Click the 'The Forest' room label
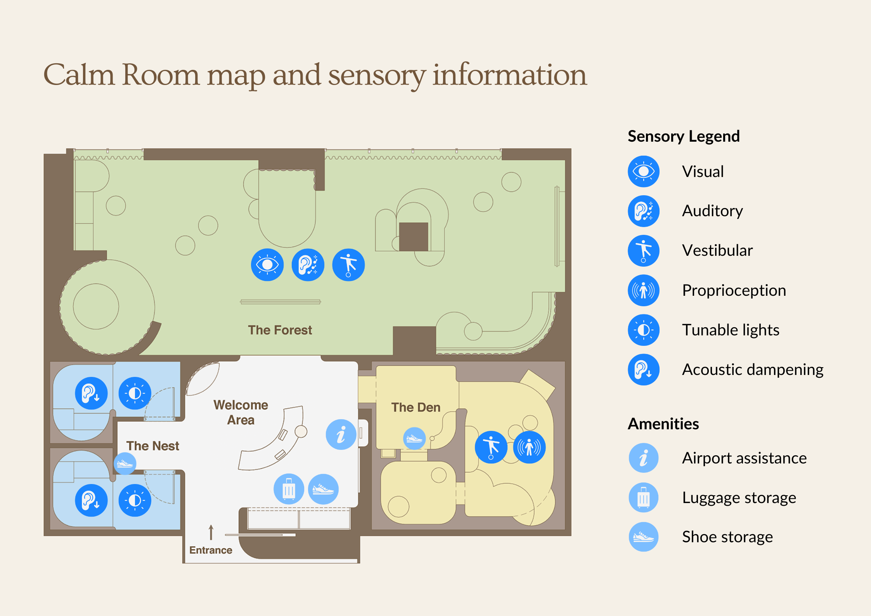tap(280, 330)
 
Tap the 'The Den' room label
tap(416, 407)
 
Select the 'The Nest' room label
tap(152, 446)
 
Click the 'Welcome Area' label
tap(241, 412)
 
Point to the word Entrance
tap(211, 550)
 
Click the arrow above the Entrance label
tap(211, 532)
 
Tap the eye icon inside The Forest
tap(267, 265)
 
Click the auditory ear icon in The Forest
tap(308, 265)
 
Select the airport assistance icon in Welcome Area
tap(341, 434)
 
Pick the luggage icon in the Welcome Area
tap(289, 489)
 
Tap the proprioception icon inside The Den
tap(529, 447)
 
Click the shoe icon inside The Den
tap(414, 439)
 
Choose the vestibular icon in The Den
tap(491, 447)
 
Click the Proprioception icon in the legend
tap(643, 290)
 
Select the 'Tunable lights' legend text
tap(731, 330)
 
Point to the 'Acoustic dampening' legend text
tap(753, 370)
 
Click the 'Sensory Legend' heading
tap(684, 136)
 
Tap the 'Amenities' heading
tap(663, 424)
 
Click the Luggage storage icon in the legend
tap(643, 498)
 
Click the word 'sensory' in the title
tap(377, 76)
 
